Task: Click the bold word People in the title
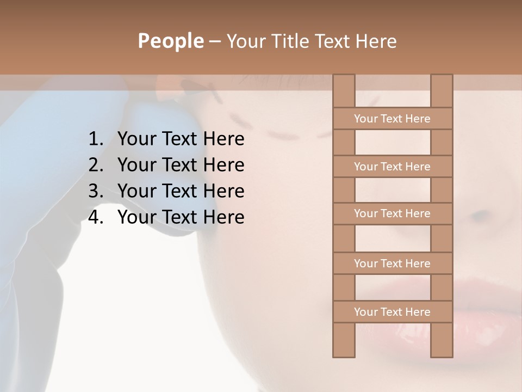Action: click(x=170, y=41)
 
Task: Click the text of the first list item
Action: click(x=181, y=139)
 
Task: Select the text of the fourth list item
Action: click(x=181, y=217)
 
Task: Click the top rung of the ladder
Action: click(x=392, y=119)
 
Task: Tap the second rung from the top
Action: click(x=392, y=167)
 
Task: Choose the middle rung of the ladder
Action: click(x=392, y=213)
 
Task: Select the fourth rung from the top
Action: click(x=392, y=264)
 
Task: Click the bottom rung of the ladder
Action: click(x=392, y=312)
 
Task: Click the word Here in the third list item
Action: click(x=223, y=191)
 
